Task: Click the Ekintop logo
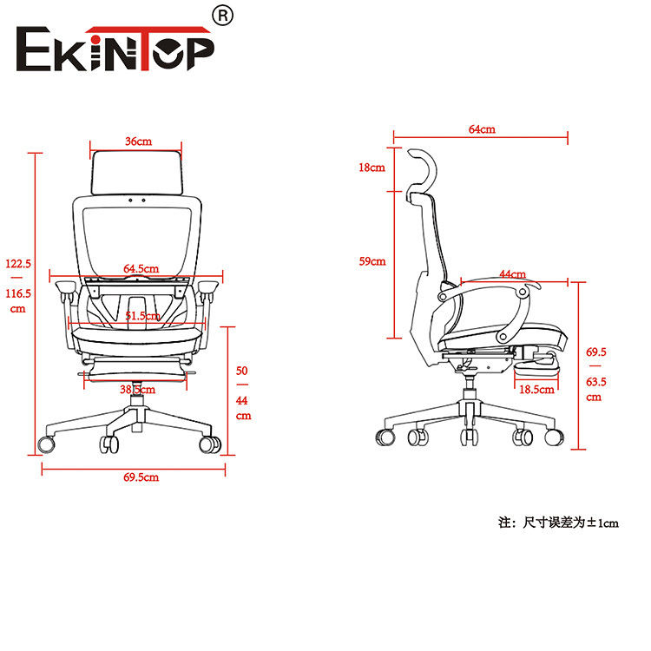(115, 49)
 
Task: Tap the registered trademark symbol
(223, 16)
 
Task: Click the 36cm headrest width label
(138, 141)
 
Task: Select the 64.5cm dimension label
(141, 268)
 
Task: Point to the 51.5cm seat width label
(142, 316)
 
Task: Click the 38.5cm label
(137, 390)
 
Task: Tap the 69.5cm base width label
(141, 477)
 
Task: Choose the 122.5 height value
(18, 264)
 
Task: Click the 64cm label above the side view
(482, 129)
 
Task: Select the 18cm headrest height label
(372, 168)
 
